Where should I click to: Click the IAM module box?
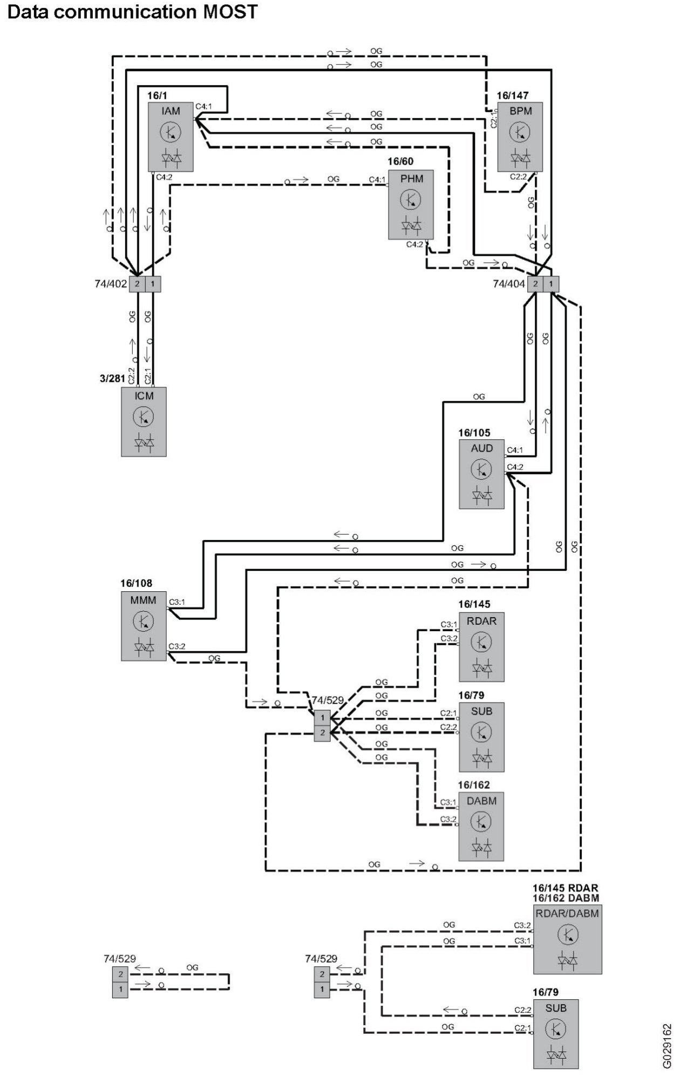(171, 137)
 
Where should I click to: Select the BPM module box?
(520, 137)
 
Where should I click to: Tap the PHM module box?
(411, 205)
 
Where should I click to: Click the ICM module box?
(144, 421)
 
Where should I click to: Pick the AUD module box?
(481, 474)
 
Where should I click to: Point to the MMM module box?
(144, 626)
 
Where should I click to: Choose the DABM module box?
(481, 826)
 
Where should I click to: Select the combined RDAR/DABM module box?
(567, 939)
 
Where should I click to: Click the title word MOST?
(230, 11)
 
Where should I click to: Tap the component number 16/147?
(512, 96)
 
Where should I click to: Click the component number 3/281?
(112, 378)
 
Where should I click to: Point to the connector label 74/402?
(111, 284)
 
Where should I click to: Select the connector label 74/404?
(508, 284)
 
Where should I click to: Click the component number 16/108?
(136, 583)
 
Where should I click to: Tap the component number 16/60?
(400, 162)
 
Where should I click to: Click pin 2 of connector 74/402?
(137, 284)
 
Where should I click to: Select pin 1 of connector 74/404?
(551, 284)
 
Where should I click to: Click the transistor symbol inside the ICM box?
(144, 417)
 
